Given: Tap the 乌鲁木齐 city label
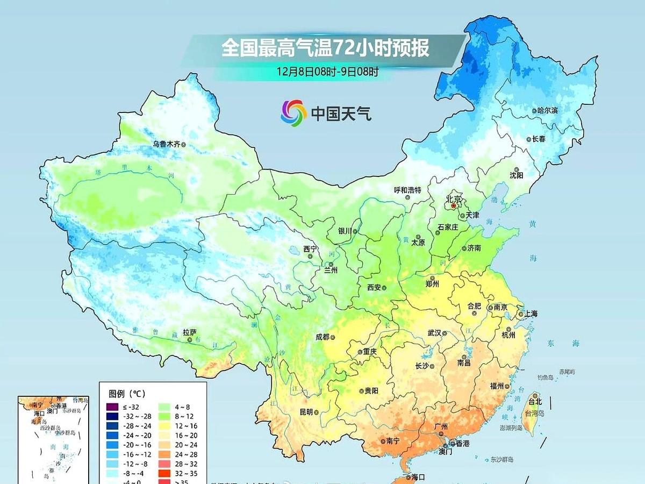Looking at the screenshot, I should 166,144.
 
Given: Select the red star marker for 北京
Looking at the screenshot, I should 453,206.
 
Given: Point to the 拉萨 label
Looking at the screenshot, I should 189,332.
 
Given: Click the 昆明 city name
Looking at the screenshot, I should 306,412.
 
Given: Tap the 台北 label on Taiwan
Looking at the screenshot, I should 535,401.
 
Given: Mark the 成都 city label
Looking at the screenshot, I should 322,337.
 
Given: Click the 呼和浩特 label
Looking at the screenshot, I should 407,190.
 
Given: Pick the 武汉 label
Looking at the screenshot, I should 434,333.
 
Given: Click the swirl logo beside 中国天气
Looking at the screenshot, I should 293,112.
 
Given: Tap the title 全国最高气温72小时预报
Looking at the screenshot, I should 326,48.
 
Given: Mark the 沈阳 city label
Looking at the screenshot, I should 516,175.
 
